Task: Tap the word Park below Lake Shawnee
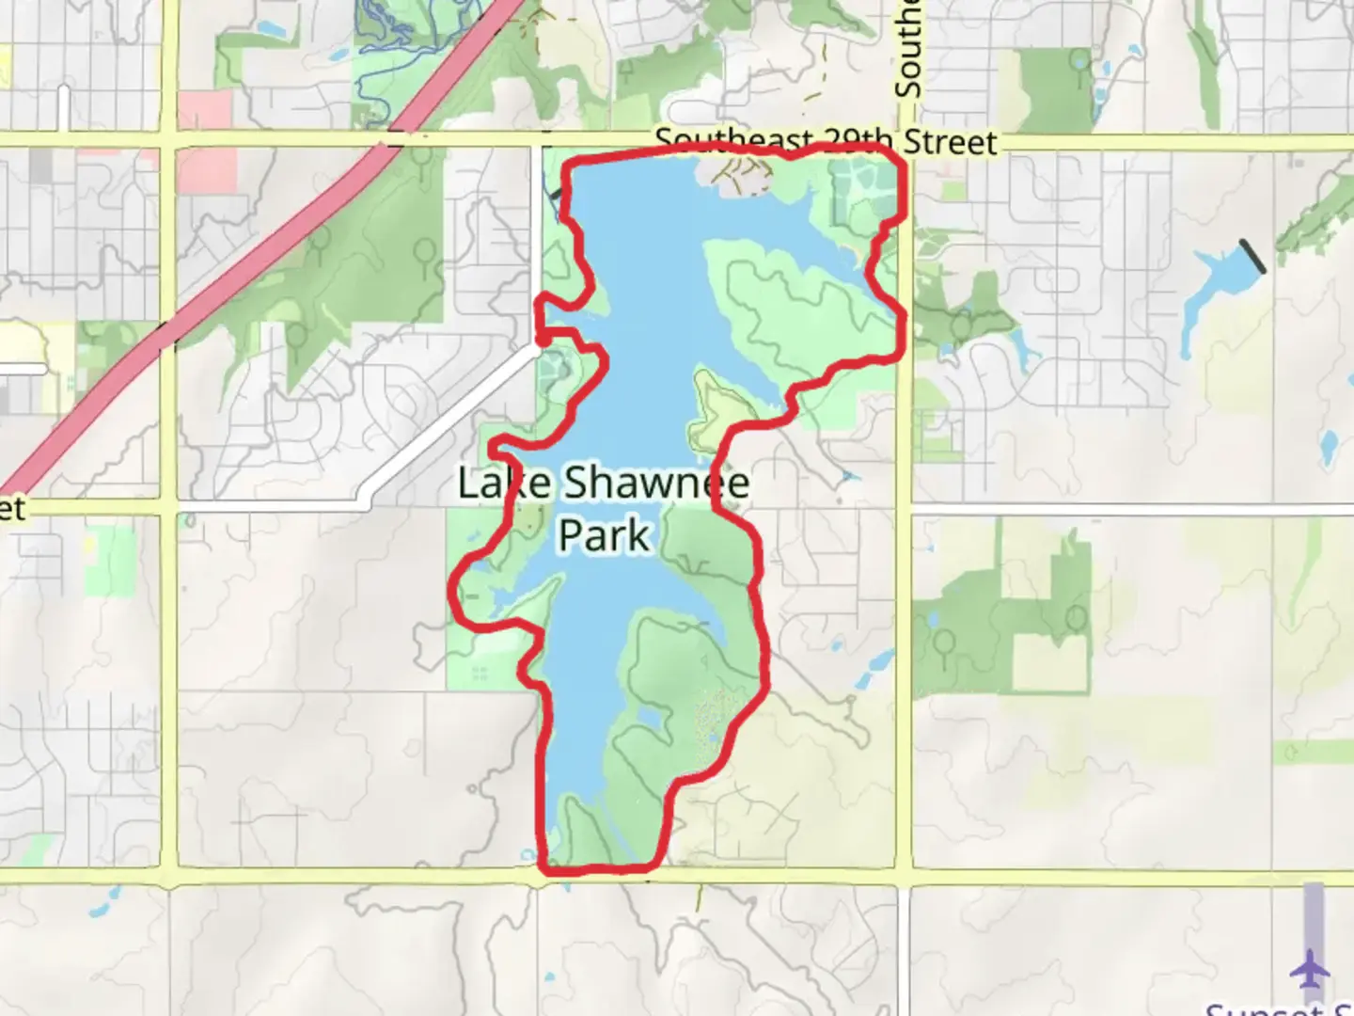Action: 604,534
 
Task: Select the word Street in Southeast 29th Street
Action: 949,142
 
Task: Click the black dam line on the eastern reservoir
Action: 1252,256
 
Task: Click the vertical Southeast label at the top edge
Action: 908,47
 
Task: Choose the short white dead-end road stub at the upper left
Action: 62,108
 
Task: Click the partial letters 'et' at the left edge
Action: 11,509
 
